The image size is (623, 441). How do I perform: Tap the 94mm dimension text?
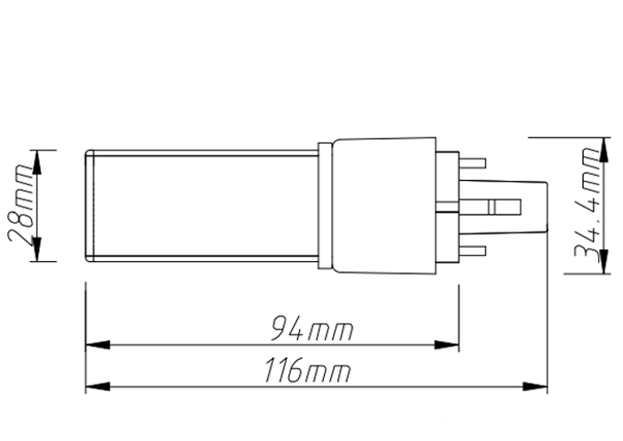311,331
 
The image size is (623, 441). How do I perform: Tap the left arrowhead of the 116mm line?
96,386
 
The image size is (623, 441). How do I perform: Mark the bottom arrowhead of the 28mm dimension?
36,251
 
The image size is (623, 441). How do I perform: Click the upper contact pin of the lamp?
475,162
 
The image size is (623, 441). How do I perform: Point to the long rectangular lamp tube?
205,205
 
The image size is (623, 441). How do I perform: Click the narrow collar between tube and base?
325,205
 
